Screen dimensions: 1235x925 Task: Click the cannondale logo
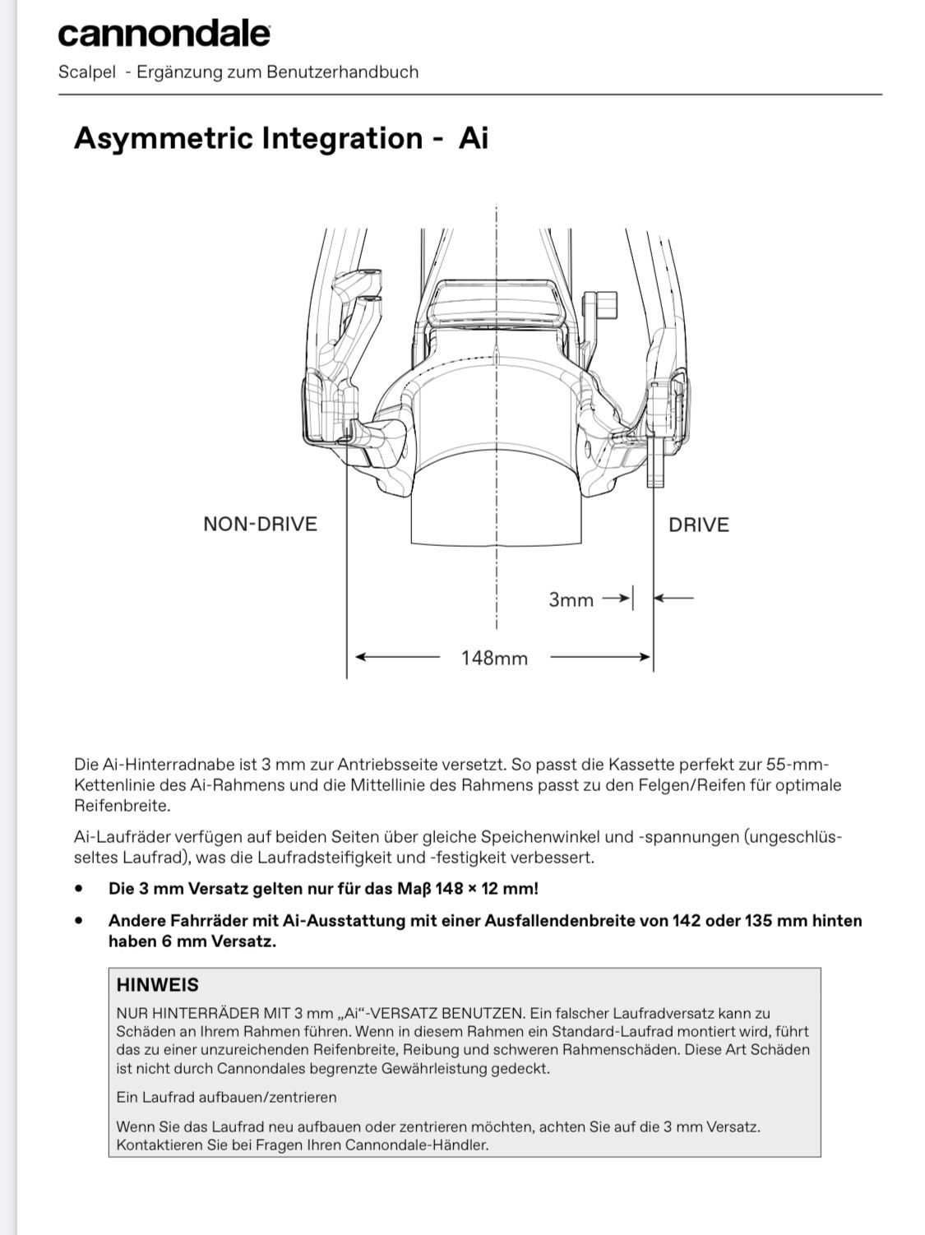point(164,35)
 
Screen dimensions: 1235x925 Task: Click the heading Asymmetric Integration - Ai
point(280,138)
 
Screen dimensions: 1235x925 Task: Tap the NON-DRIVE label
point(260,525)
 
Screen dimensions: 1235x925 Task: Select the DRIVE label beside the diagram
point(698,525)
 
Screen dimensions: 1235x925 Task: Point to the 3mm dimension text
point(571,599)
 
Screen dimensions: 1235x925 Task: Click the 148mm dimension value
point(494,658)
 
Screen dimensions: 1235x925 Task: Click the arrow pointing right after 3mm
point(616,599)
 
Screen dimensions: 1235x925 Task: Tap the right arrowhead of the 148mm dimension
point(644,657)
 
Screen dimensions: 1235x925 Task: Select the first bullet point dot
point(79,889)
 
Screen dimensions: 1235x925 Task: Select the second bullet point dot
point(79,921)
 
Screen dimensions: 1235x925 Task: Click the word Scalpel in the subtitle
point(87,72)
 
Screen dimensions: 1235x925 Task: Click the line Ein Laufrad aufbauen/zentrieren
point(226,1097)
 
